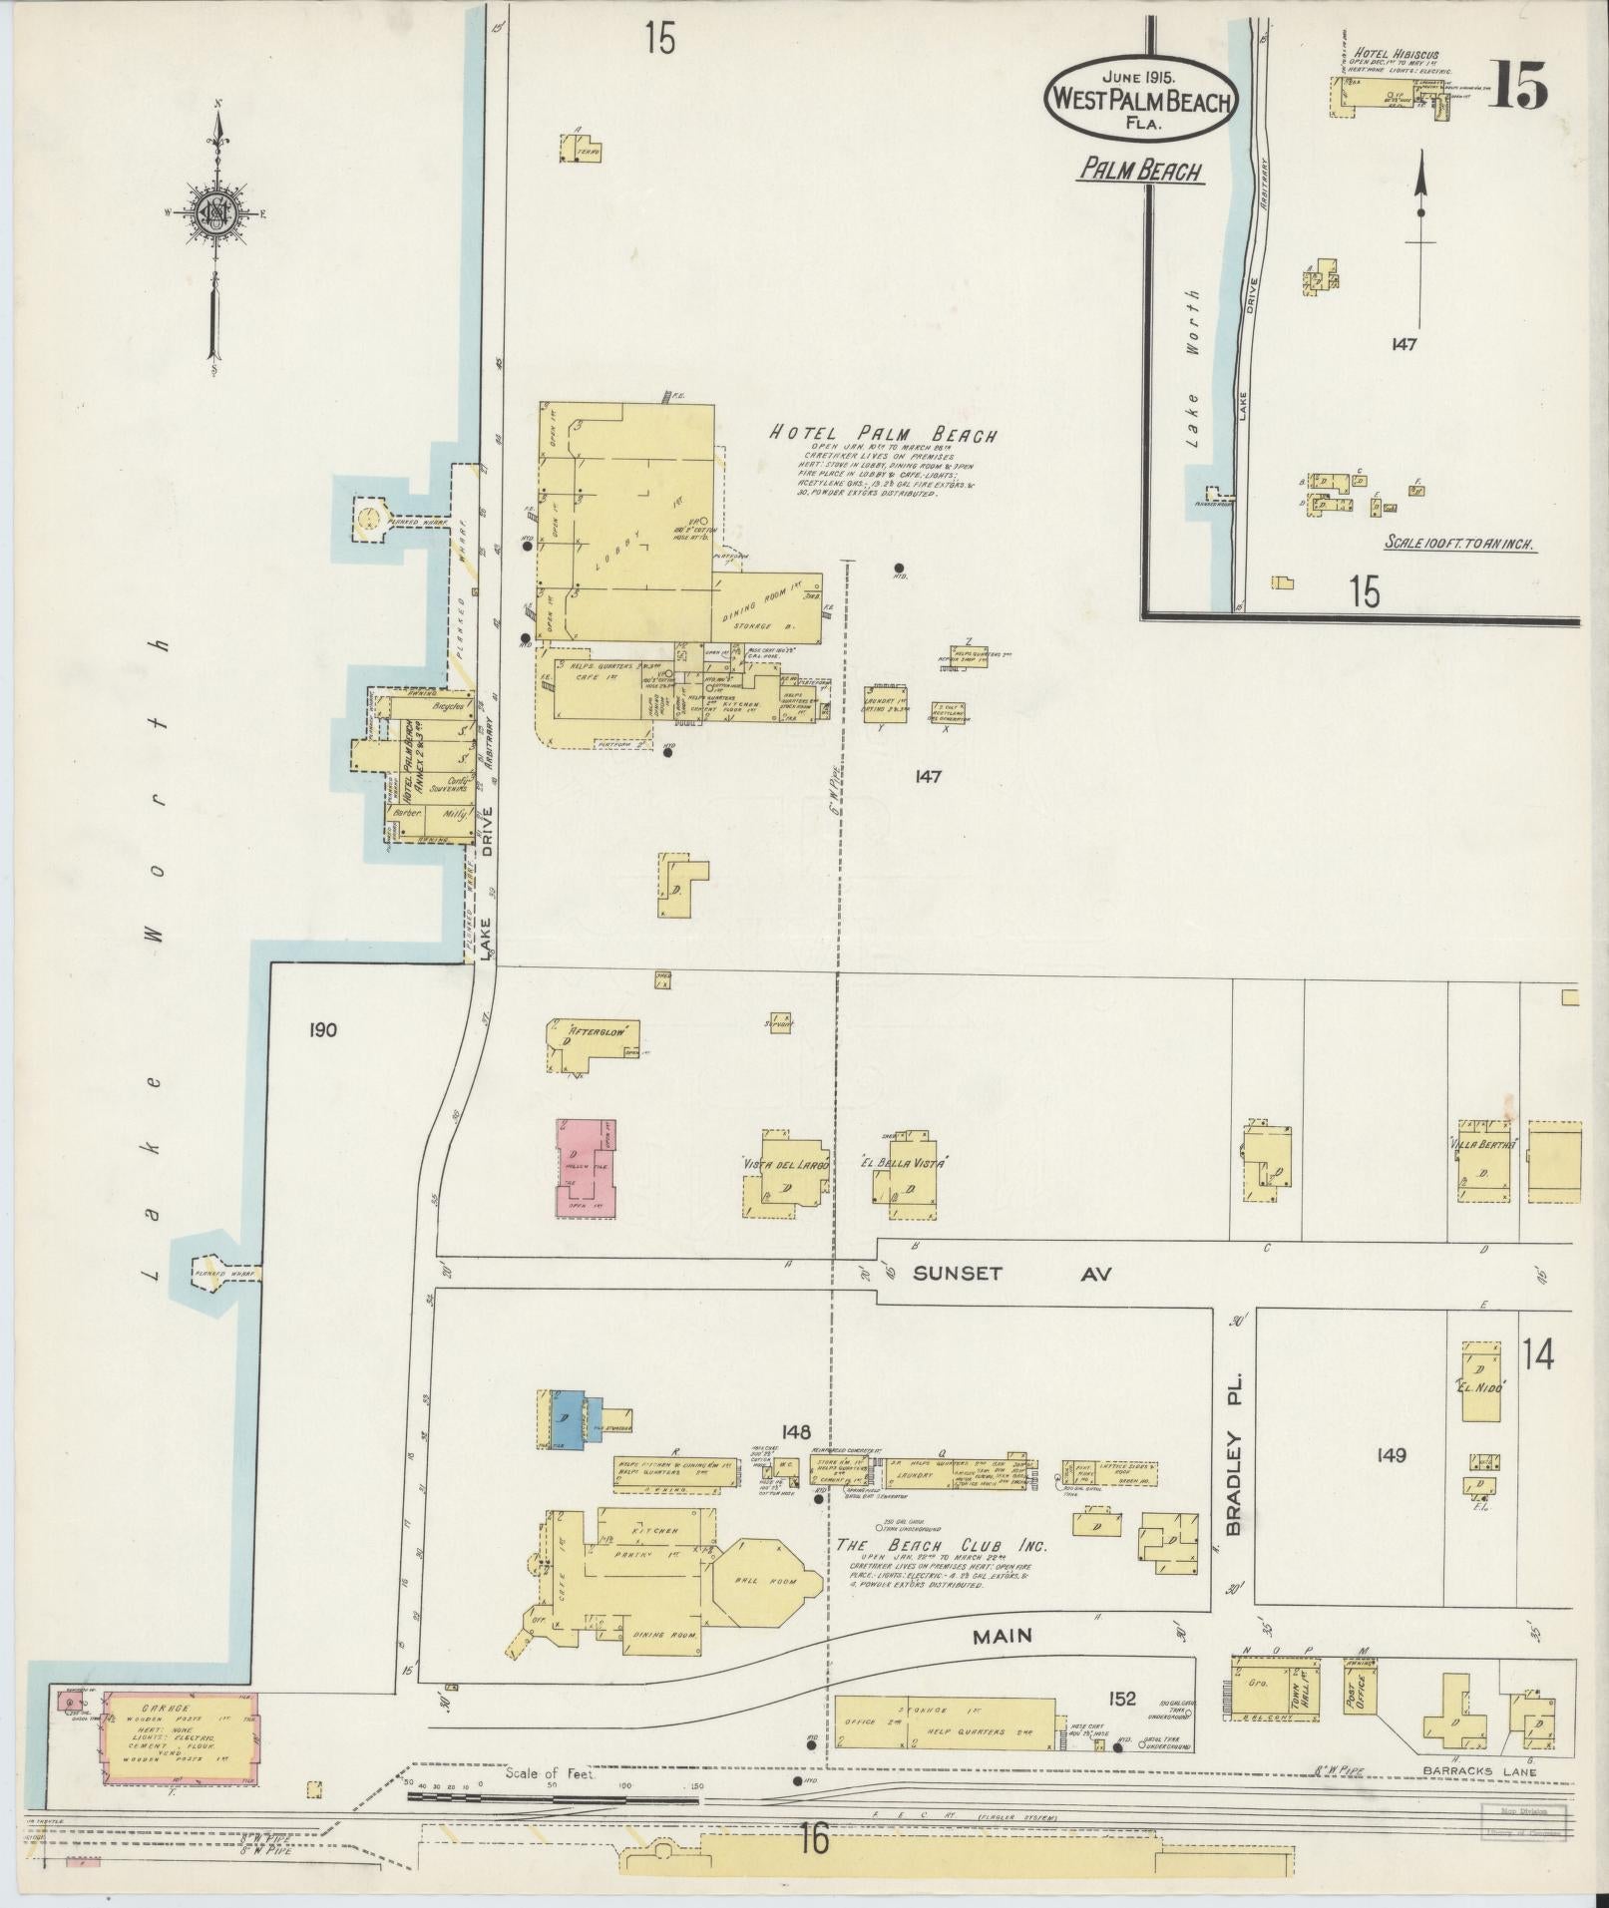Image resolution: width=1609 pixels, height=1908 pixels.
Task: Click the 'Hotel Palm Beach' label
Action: pyautogui.click(x=883, y=435)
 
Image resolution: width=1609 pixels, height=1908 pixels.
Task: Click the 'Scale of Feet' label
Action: pyautogui.click(x=550, y=1774)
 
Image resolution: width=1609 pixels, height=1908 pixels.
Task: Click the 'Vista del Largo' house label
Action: pyautogui.click(x=784, y=1163)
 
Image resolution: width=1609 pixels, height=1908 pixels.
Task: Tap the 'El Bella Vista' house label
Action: pyautogui.click(x=902, y=1163)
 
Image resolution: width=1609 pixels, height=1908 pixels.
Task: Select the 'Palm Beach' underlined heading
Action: pyautogui.click(x=1139, y=172)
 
